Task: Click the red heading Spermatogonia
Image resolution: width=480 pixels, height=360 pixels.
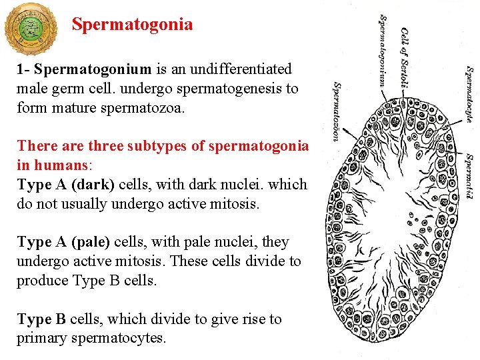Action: pyautogui.click(x=132, y=25)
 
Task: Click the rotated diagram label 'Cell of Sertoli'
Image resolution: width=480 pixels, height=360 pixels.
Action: pyautogui.click(x=405, y=57)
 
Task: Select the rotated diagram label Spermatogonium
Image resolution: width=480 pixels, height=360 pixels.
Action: pyautogui.click(x=383, y=51)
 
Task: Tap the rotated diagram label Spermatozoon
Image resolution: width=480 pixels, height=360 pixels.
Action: pyautogui.click(x=337, y=111)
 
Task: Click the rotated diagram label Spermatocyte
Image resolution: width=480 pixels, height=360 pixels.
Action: pyautogui.click(x=469, y=93)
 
